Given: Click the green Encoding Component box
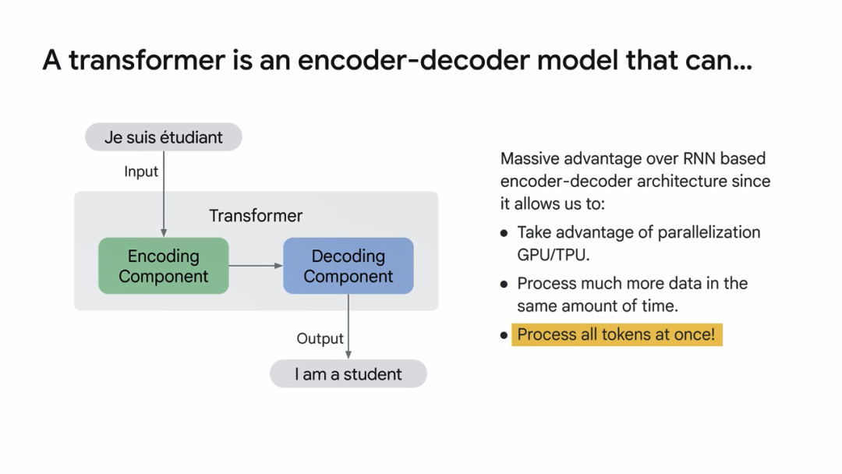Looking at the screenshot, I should (164, 266).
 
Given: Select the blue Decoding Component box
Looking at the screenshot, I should (348, 266).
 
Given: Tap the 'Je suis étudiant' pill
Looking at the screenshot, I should (164, 137).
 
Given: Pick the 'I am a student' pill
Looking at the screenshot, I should (348, 374).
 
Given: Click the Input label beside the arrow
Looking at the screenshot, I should (141, 172).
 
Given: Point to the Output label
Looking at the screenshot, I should (320, 338).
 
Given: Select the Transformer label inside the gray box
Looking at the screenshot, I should (256, 216).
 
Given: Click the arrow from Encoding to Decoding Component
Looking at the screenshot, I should (256, 266).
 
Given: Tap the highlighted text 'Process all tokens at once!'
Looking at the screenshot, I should (616, 334).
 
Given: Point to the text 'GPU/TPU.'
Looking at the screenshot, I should (554, 254).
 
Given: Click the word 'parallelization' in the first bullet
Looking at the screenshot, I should (709, 232).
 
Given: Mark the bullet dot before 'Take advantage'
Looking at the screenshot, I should (504, 233).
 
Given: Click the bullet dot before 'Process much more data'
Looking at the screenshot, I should (504, 284).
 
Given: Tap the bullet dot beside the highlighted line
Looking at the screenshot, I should (504, 335).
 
